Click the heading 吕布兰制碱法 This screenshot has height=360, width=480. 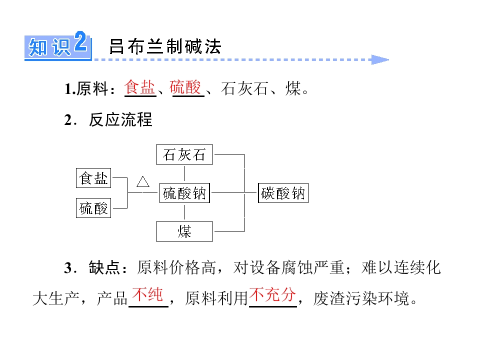(165, 46)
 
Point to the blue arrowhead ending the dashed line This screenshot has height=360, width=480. (380, 59)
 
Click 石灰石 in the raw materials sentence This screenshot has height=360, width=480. (244, 89)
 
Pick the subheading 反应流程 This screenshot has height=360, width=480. (120, 119)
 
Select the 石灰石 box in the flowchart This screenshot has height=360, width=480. (184, 154)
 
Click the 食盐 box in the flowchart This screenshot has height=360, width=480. (93, 178)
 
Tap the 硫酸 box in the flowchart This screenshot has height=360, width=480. (93, 208)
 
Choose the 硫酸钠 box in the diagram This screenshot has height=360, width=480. (184, 193)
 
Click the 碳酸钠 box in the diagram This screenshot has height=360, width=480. (283, 193)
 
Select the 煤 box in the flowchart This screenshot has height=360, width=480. (184, 231)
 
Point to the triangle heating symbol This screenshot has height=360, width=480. (143, 181)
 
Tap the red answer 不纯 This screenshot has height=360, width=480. (147, 294)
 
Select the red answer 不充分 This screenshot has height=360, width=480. (273, 294)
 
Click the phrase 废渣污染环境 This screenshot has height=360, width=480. (361, 298)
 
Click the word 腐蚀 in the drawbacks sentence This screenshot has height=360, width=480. (298, 267)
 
